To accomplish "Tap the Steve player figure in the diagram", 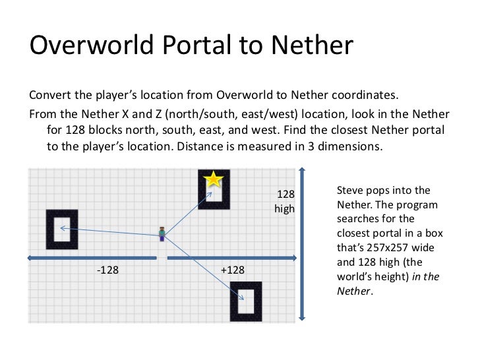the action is click(162, 233).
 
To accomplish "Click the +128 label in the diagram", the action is click(232, 270).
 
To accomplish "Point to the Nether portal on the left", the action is click(62, 229).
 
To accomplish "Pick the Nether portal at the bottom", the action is click(245, 301).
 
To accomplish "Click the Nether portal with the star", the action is click(214, 190).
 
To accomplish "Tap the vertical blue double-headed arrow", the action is click(301, 243).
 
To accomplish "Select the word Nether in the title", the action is click(310, 46).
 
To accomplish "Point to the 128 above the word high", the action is click(285, 195).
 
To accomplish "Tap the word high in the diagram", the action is click(285, 209).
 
